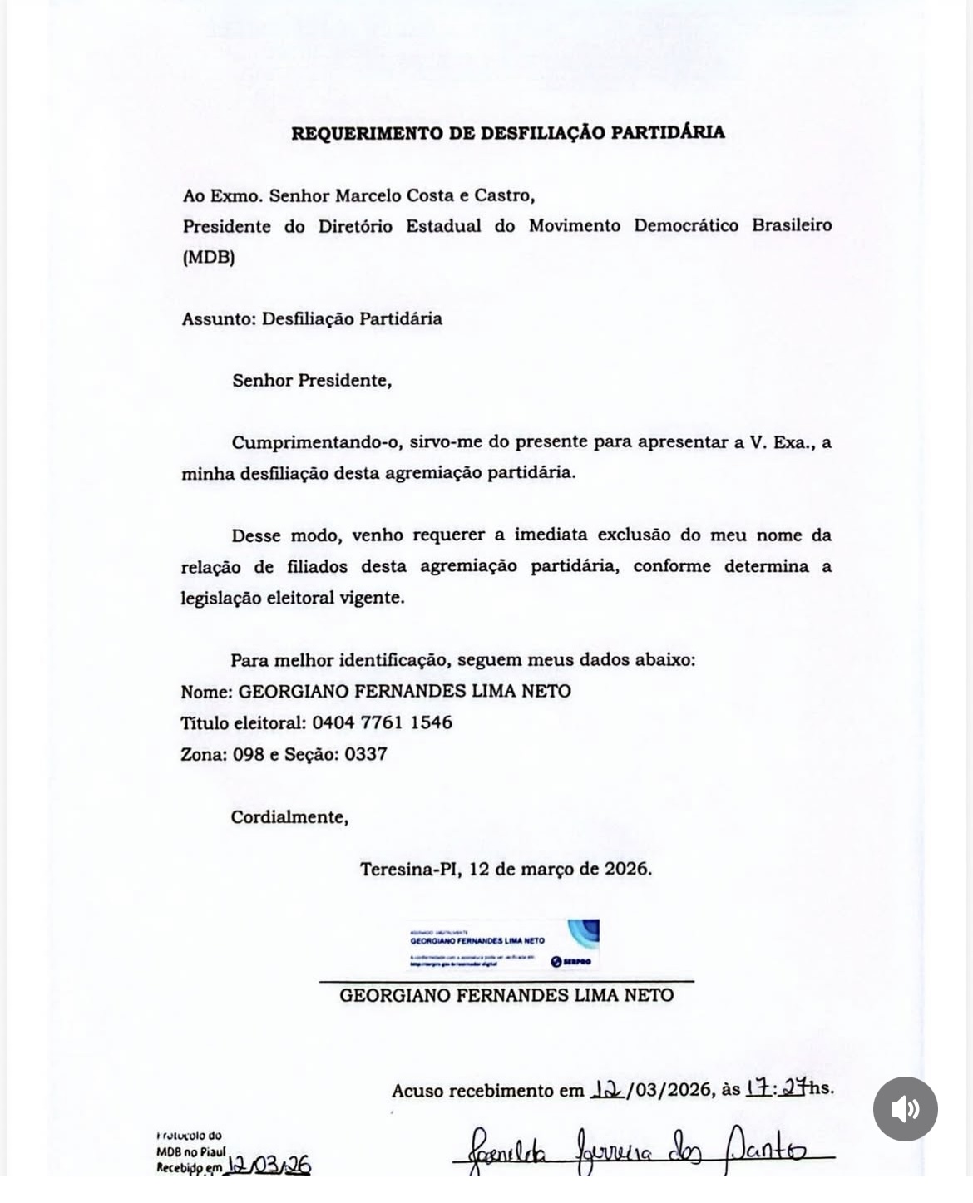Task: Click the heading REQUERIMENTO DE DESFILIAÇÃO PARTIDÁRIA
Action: pos(507,132)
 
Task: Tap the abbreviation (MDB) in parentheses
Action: pos(209,257)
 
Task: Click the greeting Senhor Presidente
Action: pos(311,381)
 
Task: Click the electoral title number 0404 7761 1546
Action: pos(383,722)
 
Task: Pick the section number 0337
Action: pos(366,754)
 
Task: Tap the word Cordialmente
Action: pos(289,817)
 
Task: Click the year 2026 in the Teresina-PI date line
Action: pos(626,869)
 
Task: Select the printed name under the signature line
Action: pos(506,995)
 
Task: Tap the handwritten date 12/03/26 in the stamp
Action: pos(269,1166)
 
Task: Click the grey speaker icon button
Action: pos(905,1109)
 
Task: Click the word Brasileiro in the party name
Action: pos(792,225)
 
